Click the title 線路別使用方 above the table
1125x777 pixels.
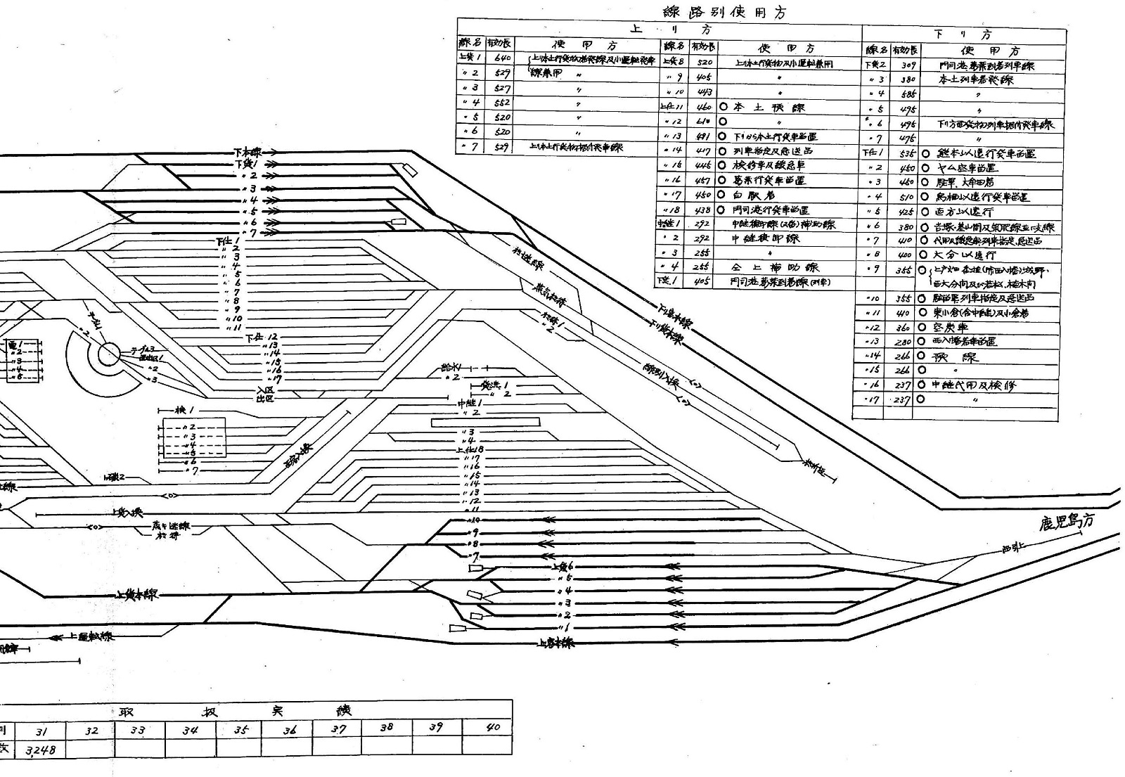pos(724,12)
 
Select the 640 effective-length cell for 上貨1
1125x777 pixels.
pos(503,58)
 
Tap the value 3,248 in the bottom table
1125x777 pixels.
pos(41,750)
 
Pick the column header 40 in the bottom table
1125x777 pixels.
pos(493,727)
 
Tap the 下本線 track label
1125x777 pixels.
pos(247,151)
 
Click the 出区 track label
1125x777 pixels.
pos(264,399)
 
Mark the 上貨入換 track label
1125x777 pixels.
pos(127,513)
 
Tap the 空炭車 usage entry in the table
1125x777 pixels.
pos(951,327)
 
